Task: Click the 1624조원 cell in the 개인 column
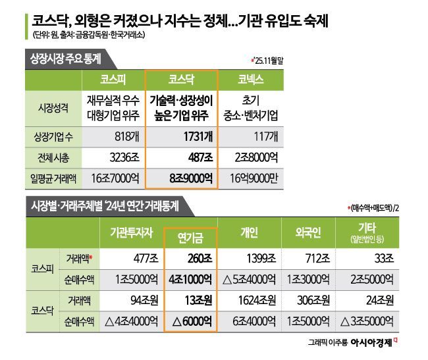coord(251,301)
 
